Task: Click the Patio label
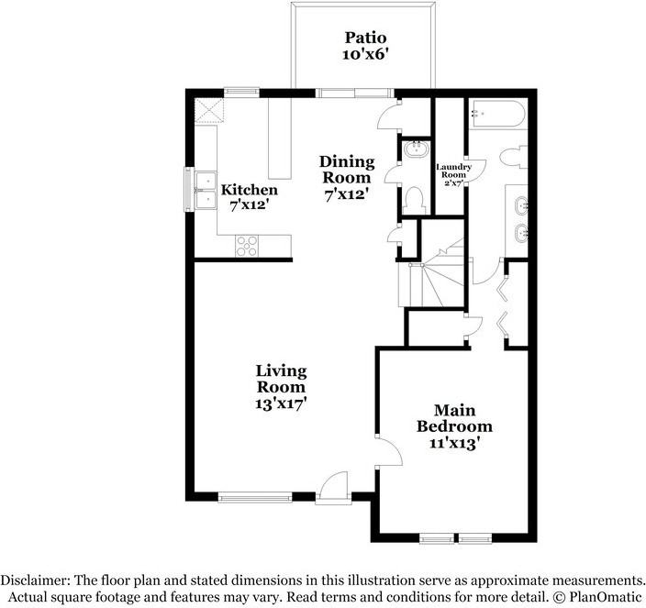(365, 39)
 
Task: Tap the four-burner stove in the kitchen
(248, 245)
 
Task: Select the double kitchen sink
(203, 191)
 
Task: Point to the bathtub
(495, 116)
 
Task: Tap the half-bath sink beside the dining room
(415, 149)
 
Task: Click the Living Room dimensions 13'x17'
(281, 403)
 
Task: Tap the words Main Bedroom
(454, 418)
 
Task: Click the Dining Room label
(346, 170)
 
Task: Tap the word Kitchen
(250, 190)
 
